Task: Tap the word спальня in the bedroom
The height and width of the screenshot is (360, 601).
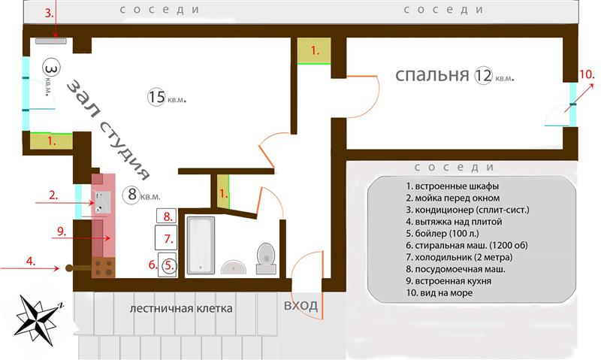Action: click(x=432, y=75)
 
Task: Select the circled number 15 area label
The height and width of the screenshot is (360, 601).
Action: click(x=157, y=97)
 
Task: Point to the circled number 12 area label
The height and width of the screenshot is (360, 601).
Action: click(x=483, y=75)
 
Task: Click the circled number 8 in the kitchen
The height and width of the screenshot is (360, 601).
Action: click(x=132, y=195)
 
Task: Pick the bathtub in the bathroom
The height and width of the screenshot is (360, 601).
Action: click(x=200, y=245)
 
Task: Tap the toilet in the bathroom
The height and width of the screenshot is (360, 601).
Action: click(x=266, y=258)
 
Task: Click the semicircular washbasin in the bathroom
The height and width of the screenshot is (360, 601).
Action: click(x=234, y=268)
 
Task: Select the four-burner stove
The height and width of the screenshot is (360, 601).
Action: click(x=103, y=268)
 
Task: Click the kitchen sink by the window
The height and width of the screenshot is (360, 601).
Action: click(x=102, y=203)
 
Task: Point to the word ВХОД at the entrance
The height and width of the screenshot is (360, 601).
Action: click(x=301, y=306)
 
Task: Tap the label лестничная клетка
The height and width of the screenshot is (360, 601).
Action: click(x=181, y=309)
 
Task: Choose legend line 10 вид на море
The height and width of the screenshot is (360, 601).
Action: click(x=439, y=293)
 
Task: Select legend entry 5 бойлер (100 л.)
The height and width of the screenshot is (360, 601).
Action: click(x=442, y=234)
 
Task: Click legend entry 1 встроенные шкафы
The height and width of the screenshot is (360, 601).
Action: click(x=452, y=186)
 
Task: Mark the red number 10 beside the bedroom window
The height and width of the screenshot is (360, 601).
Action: click(x=587, y=74)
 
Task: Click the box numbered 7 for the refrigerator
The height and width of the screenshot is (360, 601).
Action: click(x=166, y=237)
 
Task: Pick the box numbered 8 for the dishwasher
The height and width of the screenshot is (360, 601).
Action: click(x=166, y=216)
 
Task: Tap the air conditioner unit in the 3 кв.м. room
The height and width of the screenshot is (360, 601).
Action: click(x=51, y=41)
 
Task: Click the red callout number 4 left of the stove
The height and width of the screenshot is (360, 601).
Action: click(x=31, y=262)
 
